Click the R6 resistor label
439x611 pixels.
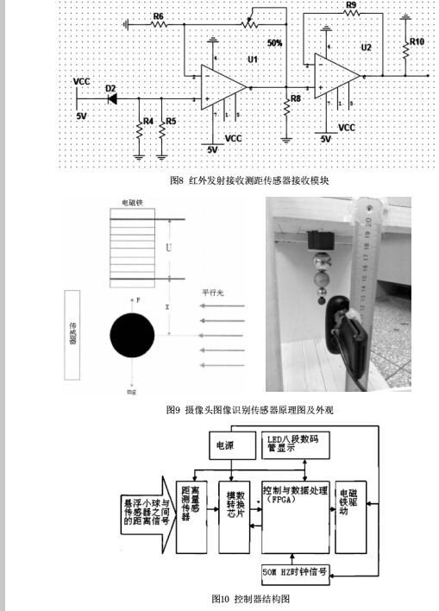coord(158,16)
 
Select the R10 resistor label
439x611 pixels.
coord(417,41)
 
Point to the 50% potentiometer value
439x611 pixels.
coord(274,42)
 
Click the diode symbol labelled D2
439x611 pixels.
coord(112,98)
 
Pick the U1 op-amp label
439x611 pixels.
coord(252,59)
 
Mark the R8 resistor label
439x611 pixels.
coord(296,99)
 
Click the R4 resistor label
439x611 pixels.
coord(147,122)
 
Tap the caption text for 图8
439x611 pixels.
coord(250,181)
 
